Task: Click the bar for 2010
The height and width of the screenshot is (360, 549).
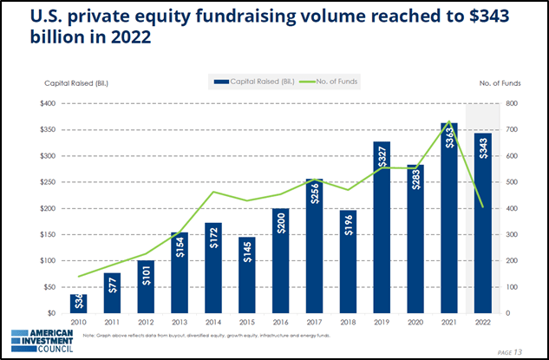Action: coord(79,304)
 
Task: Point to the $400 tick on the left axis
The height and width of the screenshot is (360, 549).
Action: coord(51,103)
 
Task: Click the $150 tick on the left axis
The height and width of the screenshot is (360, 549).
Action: coord(51,235)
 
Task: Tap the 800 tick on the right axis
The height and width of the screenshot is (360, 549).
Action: coord(512,103)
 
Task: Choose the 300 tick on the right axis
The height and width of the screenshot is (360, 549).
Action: coord(512,235)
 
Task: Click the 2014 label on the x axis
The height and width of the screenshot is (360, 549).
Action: coord(213,324)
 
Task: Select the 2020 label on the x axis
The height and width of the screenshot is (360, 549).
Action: coord(415,324)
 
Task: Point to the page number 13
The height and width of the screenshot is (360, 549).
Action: coord(519,350)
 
